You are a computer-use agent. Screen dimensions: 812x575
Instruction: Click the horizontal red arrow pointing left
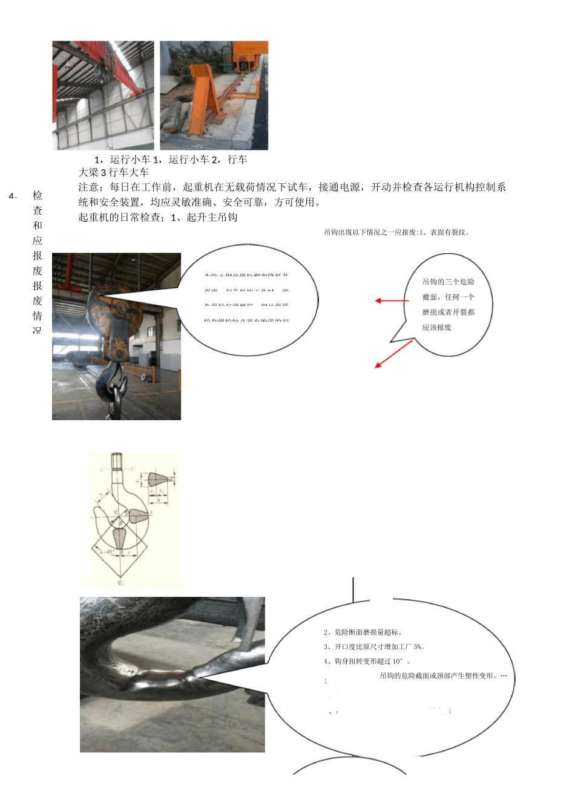[x=392, y=300]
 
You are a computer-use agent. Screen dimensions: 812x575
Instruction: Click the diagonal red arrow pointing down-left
[x=393, y=354]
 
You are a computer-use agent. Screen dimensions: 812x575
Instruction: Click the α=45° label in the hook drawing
[x=105, y=552]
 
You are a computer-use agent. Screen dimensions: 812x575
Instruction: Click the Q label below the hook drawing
[x=120, y=583]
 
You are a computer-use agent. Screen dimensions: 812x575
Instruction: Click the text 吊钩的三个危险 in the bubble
[x=448, y=282]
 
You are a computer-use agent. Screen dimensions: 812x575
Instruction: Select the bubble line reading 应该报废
[x=436, y=327]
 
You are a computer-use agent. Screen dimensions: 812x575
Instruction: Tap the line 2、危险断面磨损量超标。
[x=363, y=632]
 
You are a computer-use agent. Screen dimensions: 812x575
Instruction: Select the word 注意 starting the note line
[x=88, y=187]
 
